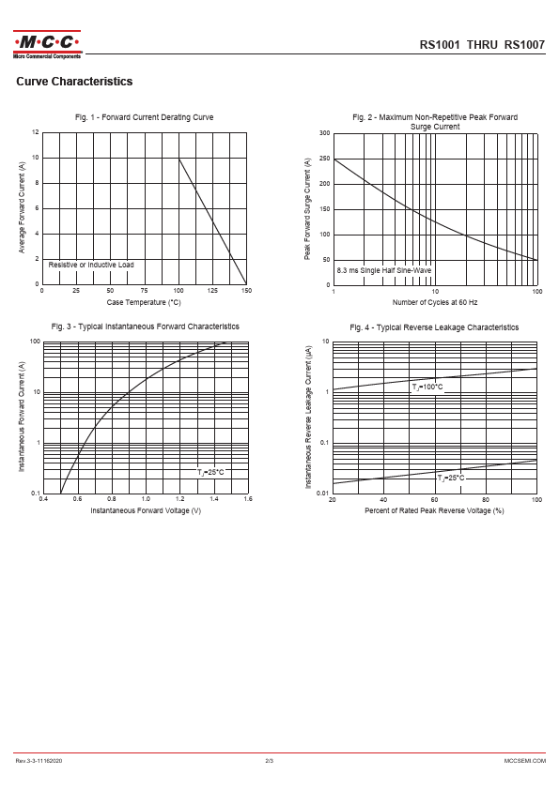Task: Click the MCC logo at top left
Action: [x=47, y=44]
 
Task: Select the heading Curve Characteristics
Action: [x=74, y=82]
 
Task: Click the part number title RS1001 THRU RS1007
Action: [x=482, y=45]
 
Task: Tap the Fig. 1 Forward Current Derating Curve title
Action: [x=145, y=117]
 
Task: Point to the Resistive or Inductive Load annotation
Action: [x=91, y=265]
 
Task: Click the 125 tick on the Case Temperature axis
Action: [x=212, y=291]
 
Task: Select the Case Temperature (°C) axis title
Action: [x=144, y=302]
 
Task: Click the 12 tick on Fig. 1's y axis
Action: [x=36, y=132]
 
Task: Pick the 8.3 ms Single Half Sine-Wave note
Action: [x=384, y=270]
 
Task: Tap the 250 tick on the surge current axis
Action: [x=325, y=159]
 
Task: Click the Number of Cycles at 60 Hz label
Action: [x=435, y=302]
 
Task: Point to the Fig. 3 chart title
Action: [x=146, y=327]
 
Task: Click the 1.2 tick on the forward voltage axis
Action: [x=180, y=499]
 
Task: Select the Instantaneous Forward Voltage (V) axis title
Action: [x=146, y=511]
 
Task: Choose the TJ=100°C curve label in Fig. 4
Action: [x=427, y=387]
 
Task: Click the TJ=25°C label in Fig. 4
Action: [x=451, y=478]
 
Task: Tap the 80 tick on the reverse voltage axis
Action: [x=486, y=500]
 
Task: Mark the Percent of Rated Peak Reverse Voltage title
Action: [x=434, y=511]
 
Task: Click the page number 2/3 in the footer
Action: [x=270, y=761]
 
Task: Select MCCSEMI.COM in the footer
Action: [x=524, y=761]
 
